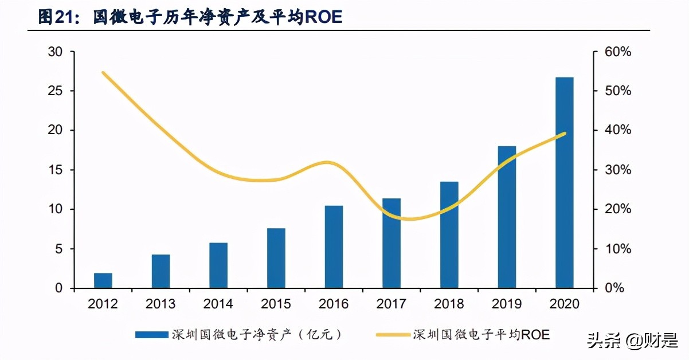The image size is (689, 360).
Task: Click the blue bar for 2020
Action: pyautogui.click(x=565, y=182)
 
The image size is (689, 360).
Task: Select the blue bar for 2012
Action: pyautogui.click(x=103, y=281)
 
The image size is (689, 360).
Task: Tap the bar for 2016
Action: pyautogui.click(x=334, y=246)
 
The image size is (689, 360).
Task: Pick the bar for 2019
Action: pyautogui.click(x=507, y=217)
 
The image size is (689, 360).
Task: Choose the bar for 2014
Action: pyautogui.click(x=218, y=265)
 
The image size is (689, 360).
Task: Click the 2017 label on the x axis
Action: pyautogui.click(x=391, y=304)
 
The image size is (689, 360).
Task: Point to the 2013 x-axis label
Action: pyautogui.click(x=160, y=304)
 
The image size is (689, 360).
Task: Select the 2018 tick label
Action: pyautogui.click(x=449, y=304)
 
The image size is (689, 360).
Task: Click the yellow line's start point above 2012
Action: pyautogui.click(x=103, y=73)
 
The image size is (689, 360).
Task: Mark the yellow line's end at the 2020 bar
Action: pyautogui.click(x=565, y=133)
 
